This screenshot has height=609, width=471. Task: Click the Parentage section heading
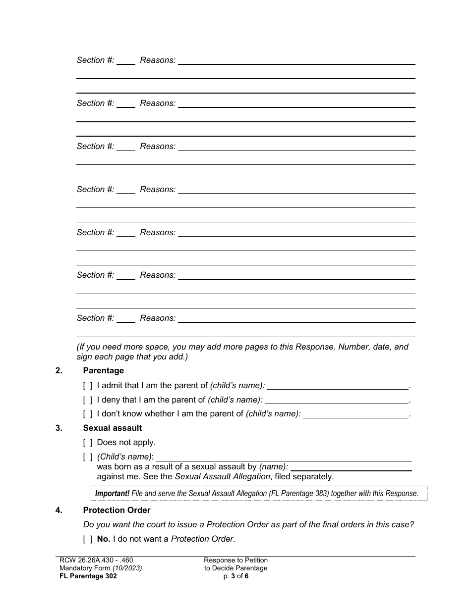(103, 370)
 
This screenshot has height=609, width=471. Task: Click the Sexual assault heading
(112, 428)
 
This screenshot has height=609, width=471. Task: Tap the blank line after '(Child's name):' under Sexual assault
(284, 457)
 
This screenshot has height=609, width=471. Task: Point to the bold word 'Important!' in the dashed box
(112, 493)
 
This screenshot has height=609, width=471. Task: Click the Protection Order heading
(117, 510)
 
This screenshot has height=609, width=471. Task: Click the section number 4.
(59, 510)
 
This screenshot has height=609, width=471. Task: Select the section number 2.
(59, 370)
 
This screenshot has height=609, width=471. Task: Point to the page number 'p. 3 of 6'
(235, 576)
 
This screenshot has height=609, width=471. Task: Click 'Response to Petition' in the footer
(235, 560)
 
